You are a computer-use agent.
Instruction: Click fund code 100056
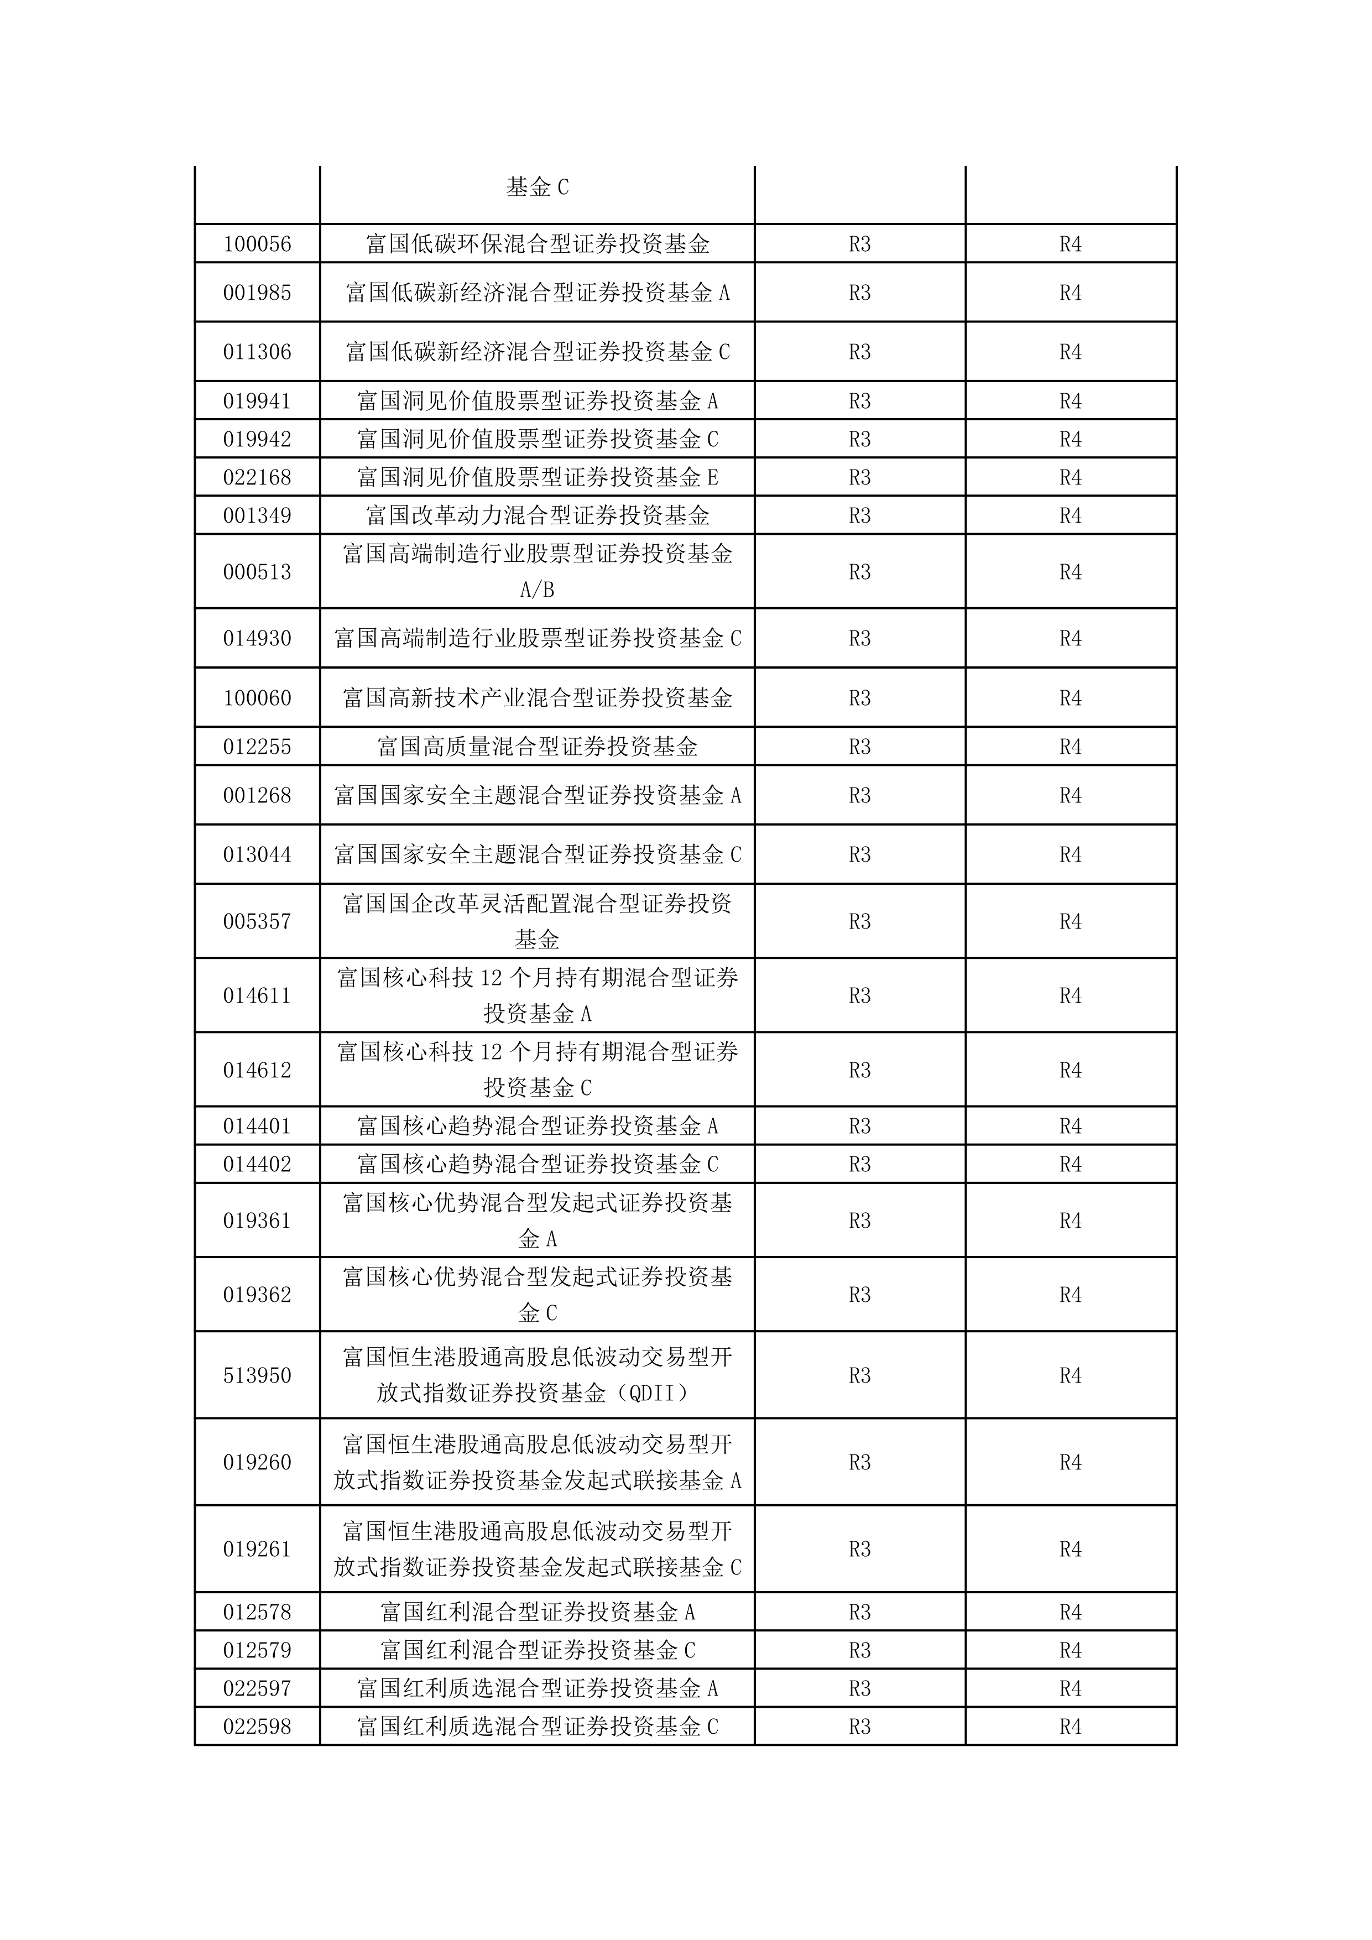point(257,244)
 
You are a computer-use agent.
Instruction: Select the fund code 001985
point(257,293)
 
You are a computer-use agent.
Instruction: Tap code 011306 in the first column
point(257,352)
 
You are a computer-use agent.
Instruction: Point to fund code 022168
point(257,477)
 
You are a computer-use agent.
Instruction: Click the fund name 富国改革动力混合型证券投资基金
point(538,515)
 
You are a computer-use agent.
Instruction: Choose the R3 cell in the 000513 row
point(859,572)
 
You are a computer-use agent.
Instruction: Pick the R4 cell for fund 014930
point(1071,639)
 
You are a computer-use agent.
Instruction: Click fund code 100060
point(257,698)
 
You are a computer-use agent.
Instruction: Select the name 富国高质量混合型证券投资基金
point(538,747)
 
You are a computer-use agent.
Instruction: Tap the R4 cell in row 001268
point(1071,795)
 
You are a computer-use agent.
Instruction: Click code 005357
point(257,921)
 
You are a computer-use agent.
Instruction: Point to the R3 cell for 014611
point(859,995)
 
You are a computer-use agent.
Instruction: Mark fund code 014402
point(257,1164)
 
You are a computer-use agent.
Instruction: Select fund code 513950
point(257,1375)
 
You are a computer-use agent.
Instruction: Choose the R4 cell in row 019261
point(1071,1549)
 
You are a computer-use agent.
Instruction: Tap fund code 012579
point(257,1650)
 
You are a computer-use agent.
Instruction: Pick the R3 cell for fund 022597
point(859,1688)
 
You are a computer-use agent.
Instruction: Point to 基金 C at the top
point(538,187)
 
